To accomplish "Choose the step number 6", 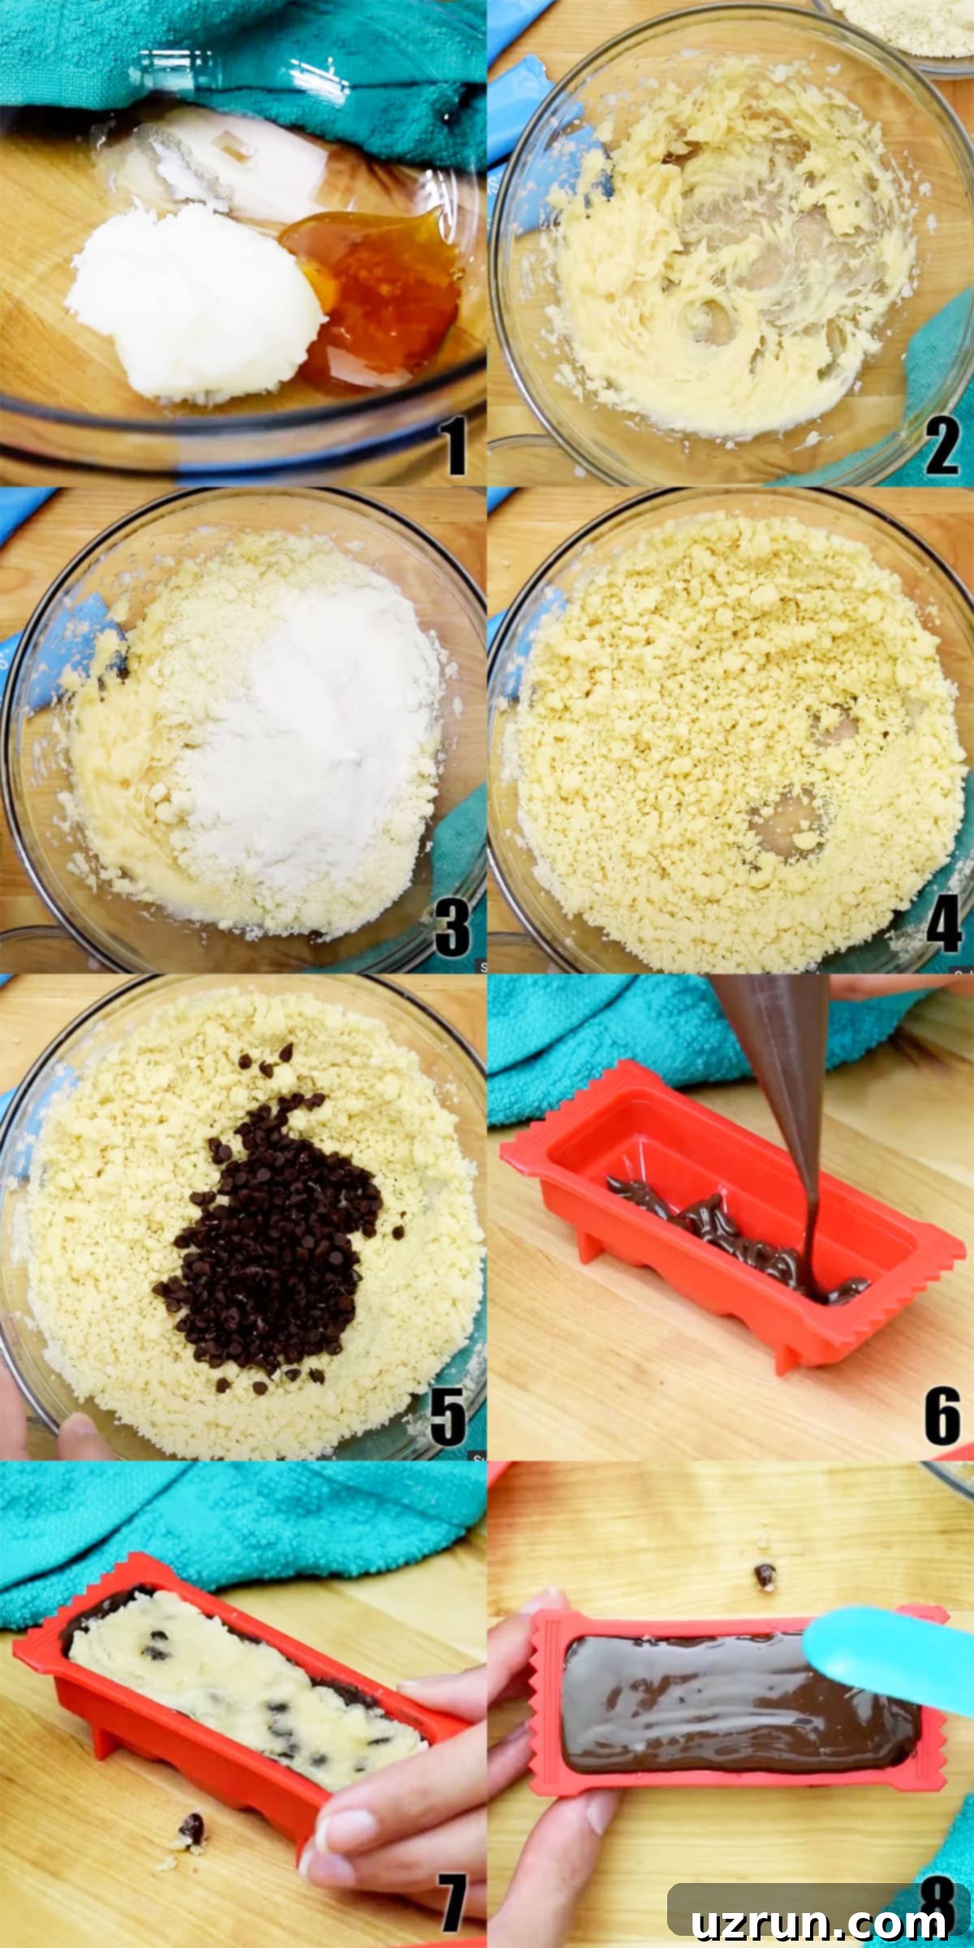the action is [942, 1416].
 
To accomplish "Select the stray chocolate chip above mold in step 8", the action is [764, 1575].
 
